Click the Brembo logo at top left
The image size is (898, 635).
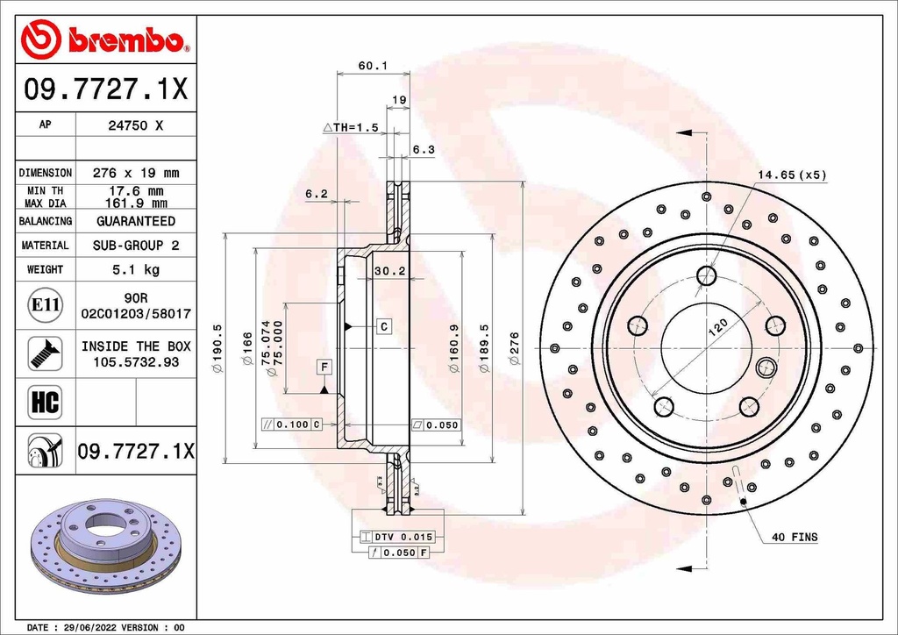click(105, 39)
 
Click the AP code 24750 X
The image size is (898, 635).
click(134, 125)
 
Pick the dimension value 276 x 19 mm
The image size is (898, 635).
click(135, 173)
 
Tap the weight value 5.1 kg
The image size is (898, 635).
click(135, 269)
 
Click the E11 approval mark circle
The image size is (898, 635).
click(45, 305)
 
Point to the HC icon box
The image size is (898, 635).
click(45, 403)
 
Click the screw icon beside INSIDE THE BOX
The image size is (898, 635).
click(45, 353)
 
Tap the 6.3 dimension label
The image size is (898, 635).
click(423, 150)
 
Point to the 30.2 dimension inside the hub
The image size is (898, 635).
click(389, 271)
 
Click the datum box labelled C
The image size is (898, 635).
click(384, 326)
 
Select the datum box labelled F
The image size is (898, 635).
click(324, 366)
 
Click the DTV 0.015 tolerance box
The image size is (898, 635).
click(398, 536)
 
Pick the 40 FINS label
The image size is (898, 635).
click(794, 537)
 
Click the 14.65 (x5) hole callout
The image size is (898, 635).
click(792, 175)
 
